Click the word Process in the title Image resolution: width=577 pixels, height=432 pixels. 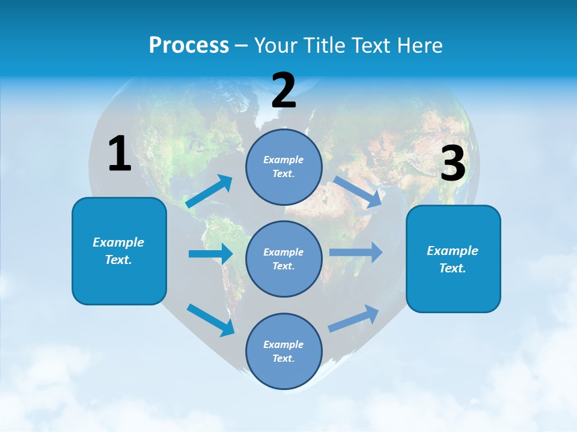pos(189,46)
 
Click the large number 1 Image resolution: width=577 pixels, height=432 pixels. pos(120,154)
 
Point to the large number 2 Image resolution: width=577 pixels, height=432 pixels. pos(284,90)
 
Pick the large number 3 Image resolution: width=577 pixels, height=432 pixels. pos(453,164)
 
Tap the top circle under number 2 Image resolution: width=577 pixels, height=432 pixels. pos(284,167)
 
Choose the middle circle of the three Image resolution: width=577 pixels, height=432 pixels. pos(284,259)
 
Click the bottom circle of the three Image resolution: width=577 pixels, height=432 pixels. pos(284,351)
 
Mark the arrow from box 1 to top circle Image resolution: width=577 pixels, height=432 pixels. pos(209,191)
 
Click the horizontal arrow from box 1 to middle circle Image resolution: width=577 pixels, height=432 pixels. pos(210,254)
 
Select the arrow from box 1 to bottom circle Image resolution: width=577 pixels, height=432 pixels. pos(210,319)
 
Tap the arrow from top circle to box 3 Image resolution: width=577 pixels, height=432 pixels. pos(358,192)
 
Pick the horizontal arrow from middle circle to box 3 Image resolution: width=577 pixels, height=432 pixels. pos(356,253)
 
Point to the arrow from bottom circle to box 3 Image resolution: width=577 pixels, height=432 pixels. pos(353,319)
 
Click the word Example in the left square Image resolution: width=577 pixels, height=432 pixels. pos(118,242)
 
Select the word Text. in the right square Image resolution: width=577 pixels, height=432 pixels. pos(453,268)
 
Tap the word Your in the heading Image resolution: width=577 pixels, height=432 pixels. pos(275,46)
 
